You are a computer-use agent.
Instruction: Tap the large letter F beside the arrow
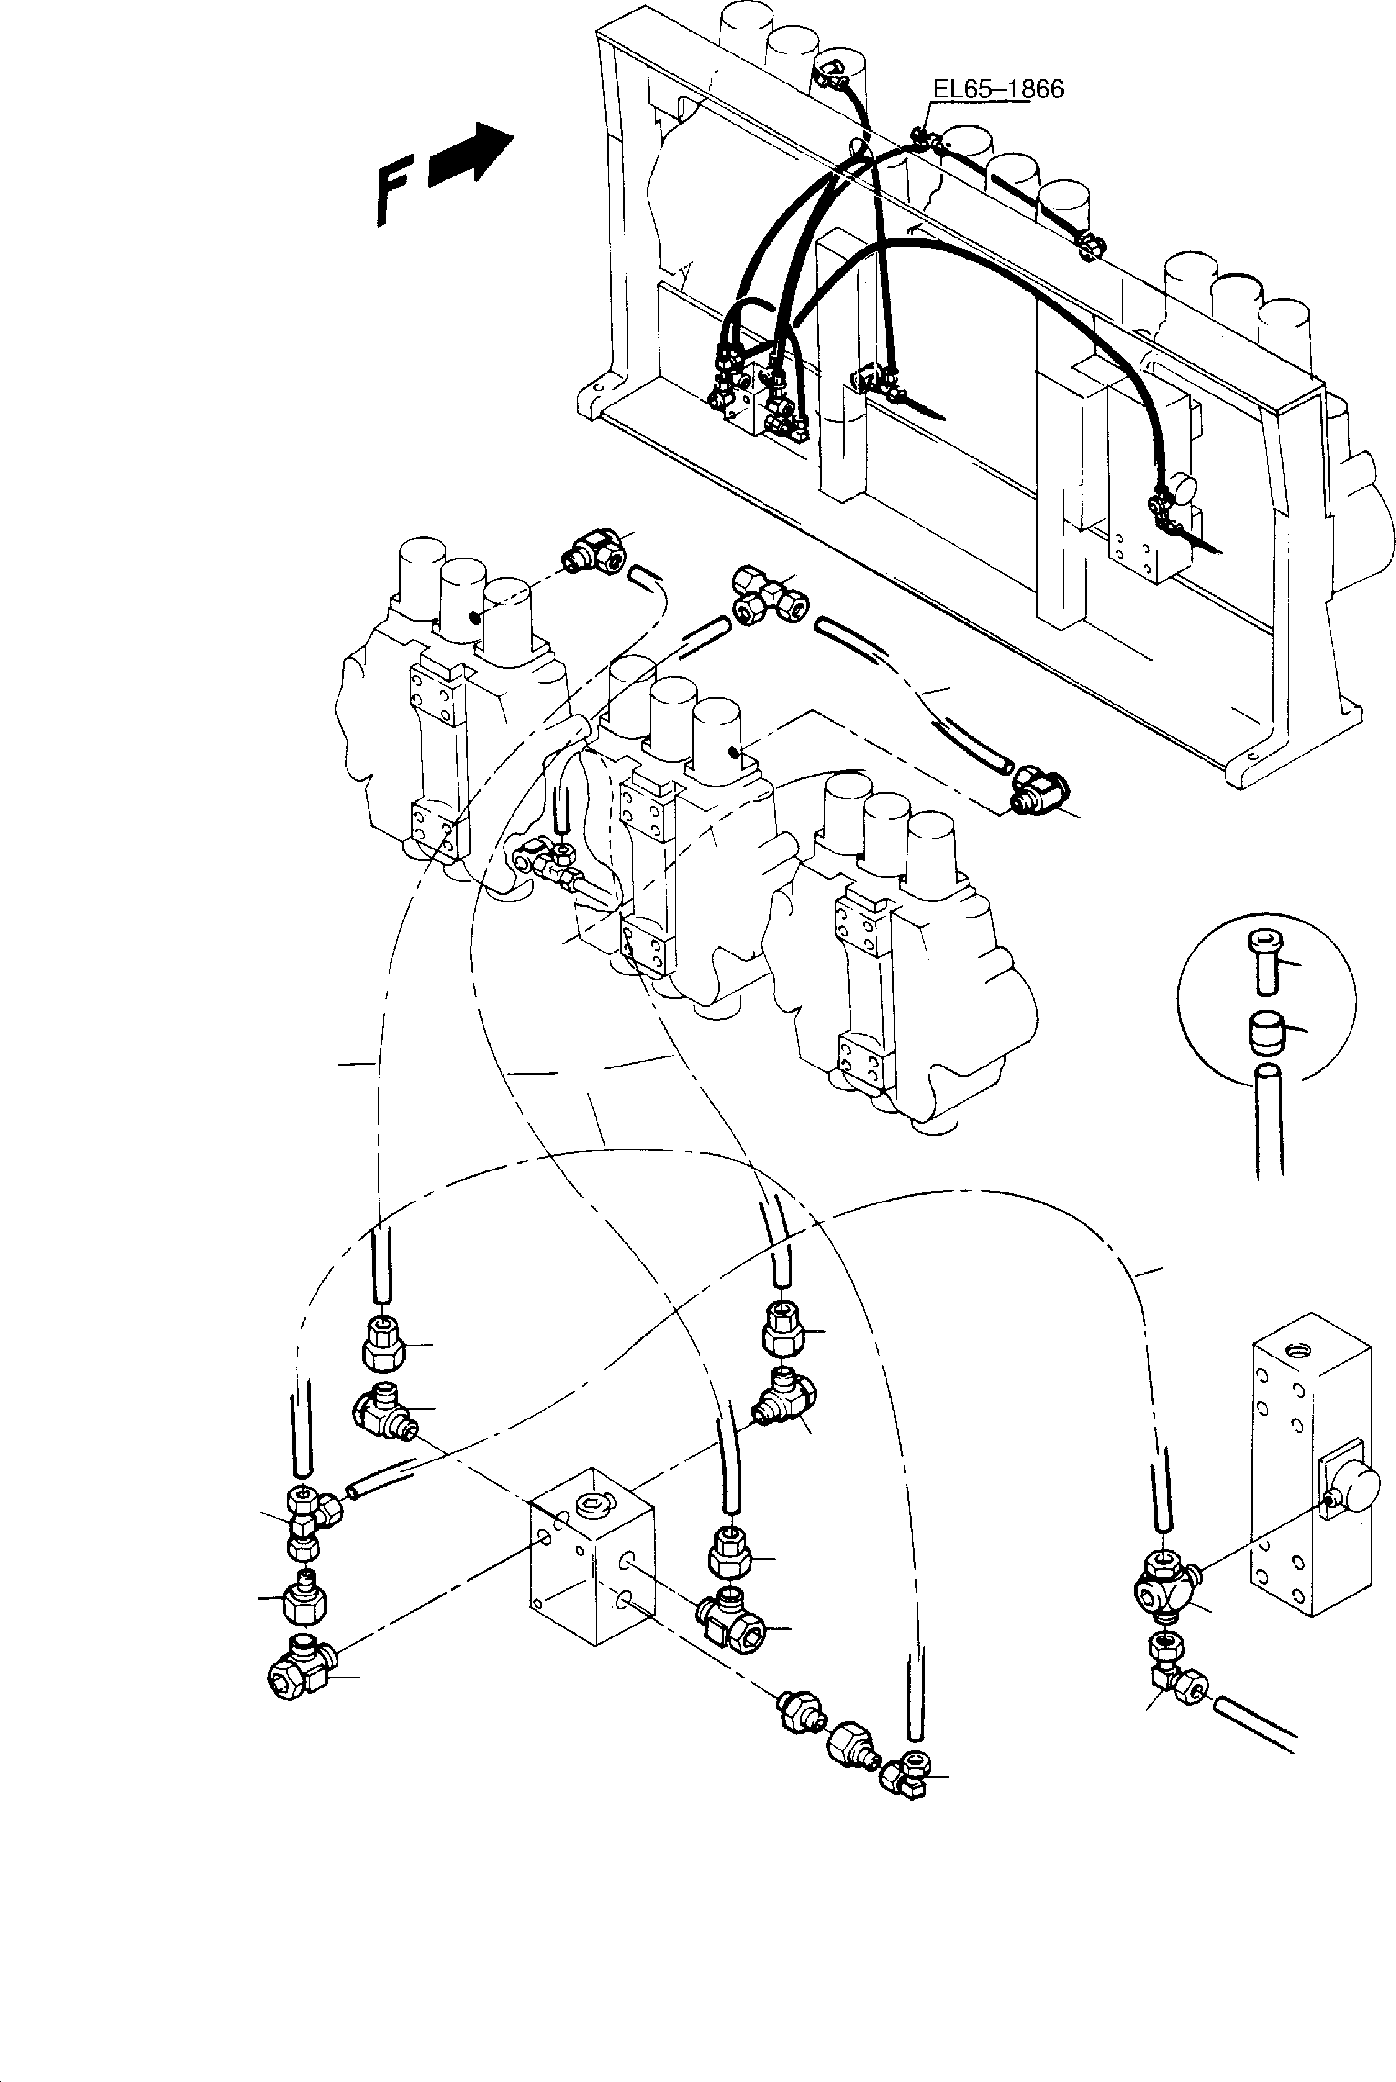pos(392,189)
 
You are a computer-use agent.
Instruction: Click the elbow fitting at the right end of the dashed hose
pos(1039,788)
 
